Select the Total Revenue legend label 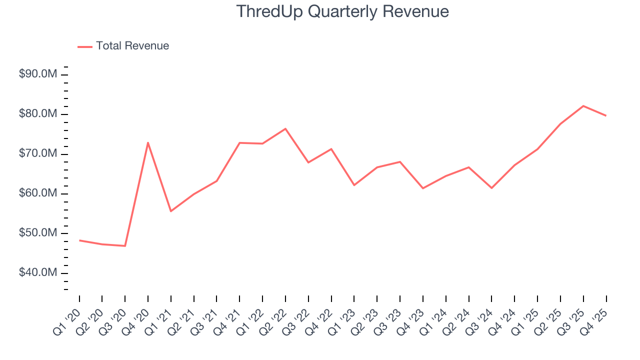click(132, 46)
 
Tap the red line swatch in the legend click(85, 46)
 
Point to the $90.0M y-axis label click(38, 74)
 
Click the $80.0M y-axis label click(38, 114)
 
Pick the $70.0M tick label click(38, 154)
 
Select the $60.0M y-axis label click(38, 193)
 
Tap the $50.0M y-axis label click(38, 233)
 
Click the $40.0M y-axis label click(38, 273)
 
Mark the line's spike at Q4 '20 click(148, 142)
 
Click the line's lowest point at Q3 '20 click(125, 246)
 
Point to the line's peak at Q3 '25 click(583, 106)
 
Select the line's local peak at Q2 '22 click(285, 129)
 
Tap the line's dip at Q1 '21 click(171, 211)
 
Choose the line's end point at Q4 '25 click(606, 115)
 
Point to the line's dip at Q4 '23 click(423, 188)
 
